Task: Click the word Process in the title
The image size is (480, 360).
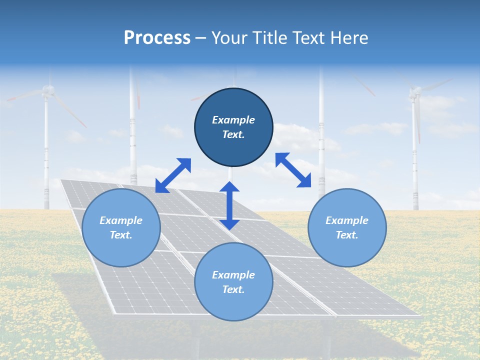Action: pyautogui.click(x=157, y=38)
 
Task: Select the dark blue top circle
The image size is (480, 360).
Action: pyautogui.click(x=233, y=127)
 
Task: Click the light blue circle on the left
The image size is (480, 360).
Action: pyautogui.click(x=121, y=227)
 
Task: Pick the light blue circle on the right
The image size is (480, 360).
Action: pyautogui.click(x=347, y=227)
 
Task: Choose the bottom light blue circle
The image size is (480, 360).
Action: pyautogui.click(x=233, y=281)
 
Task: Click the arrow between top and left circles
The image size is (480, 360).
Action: pyautogui.click(x=173, y=175)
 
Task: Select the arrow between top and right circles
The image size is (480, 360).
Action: pyautogui.click(x=293, y=170)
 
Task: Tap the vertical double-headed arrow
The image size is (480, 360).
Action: pyautogui.click(x=229, y=205)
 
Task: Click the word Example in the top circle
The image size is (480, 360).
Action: pyautogui.click(x=233, y=120)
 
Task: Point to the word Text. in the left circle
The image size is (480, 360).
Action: pyautogui.click(x=121, y=235)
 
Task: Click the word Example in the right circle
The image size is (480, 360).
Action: pyautogui.click(x=347, y=220)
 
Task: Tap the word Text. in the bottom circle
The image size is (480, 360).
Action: pyautogui.click(x=233, y=289)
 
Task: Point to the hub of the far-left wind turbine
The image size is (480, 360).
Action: pyautogui.click(x=47, y=90)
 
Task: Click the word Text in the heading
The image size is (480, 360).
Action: pyautogui.click(x=307, y=38)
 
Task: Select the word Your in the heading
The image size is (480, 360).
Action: pyautogui.click(x=228, y=38)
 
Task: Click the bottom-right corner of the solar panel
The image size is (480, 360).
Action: pyautogui.click(x=419, y=316)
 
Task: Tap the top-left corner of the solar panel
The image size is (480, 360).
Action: pyautogui.click(x=60, y=179)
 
